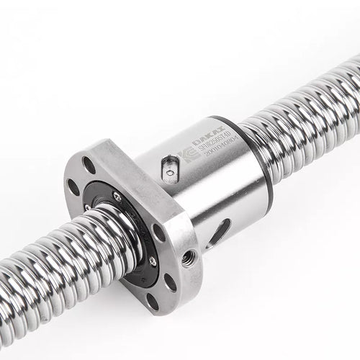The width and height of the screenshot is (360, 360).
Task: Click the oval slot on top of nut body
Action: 168,168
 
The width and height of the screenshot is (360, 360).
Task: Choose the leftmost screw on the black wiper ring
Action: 88,209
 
